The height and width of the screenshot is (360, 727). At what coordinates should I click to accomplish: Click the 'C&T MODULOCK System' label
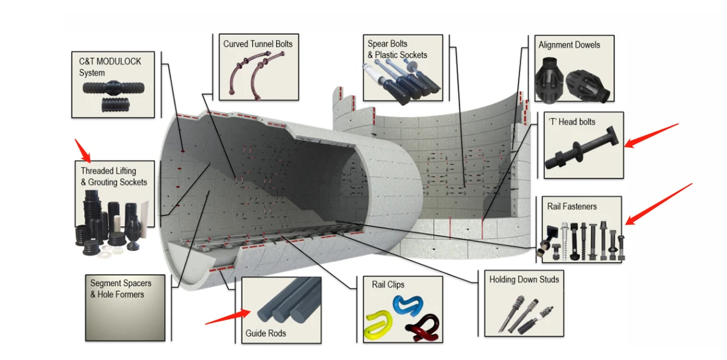pyautogui.click(x=110, y=67)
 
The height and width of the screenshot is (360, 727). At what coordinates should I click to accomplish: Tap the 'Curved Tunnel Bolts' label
pyautogui.click(x=257, y=44)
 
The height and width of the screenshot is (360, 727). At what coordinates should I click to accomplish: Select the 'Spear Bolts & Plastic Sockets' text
pyautogui.click(x=397, y=50)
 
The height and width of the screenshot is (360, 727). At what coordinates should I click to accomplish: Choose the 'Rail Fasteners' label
pyautogui.click(x=572, y=206)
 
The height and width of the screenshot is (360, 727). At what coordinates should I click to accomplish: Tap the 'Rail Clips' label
pyautogui.click(x=387, y=284)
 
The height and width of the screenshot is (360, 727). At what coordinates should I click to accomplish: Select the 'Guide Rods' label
pyautogui.click(x=266, y=333)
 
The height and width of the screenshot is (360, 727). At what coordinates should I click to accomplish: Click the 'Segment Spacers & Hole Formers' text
pyautogui.click(x=117, y=289)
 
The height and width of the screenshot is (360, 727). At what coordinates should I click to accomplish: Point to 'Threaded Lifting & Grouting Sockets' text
pyautogui.click(x=113, y=176)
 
